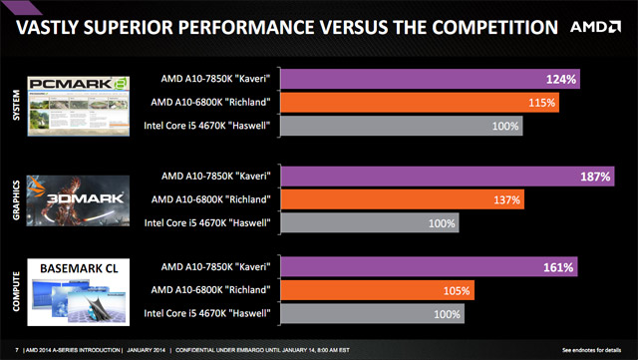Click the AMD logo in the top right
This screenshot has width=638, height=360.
point(594,27)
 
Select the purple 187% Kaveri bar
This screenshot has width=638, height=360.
point(449,177)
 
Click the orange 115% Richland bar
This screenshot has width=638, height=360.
point(420,102)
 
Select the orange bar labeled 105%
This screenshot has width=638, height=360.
point(379,290)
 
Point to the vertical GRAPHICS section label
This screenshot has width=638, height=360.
point(15,197)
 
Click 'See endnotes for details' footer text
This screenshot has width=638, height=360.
point(595,350)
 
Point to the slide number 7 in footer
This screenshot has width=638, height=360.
point(19,350)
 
